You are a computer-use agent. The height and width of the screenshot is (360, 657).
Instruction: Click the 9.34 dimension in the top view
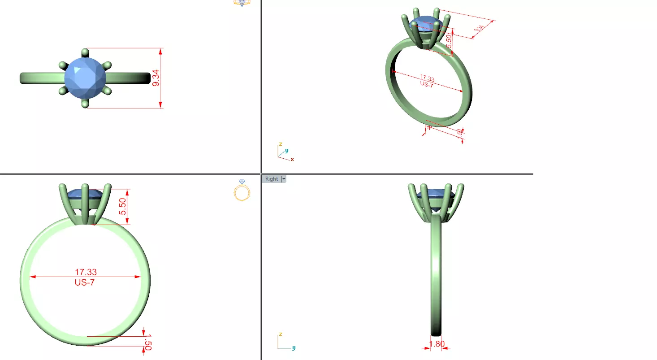[156, 78]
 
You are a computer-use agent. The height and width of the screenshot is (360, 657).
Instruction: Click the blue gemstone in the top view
[85, 78]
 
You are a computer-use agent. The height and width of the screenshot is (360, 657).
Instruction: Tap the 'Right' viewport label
[272, 179]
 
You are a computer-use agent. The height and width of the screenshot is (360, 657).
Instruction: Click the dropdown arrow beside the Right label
[283, 179]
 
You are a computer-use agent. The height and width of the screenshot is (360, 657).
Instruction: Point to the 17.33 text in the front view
[86, 272]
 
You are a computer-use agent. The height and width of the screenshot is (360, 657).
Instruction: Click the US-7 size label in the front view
[85, 282]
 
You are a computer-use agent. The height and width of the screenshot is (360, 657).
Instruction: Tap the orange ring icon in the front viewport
[242, 191]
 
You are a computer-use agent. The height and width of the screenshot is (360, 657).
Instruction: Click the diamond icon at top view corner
[242, 3]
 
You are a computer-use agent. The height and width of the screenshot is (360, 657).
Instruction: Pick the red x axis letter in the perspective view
[292, 159]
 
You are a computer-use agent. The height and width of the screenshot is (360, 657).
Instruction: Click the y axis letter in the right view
[294, 347]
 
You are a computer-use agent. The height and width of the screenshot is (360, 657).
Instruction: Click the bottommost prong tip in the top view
[85, 104]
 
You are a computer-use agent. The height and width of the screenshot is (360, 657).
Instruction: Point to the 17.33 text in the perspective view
[427, 78]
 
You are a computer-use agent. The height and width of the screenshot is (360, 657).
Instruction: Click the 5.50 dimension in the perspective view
[449, 42]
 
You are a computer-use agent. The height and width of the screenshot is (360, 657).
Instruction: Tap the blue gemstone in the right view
[436, 194]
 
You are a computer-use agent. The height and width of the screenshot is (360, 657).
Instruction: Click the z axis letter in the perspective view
[280, 144]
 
